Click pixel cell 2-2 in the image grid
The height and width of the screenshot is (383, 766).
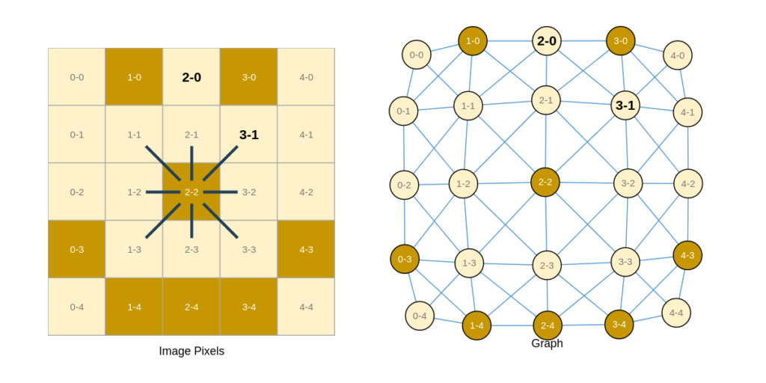coord(191,191)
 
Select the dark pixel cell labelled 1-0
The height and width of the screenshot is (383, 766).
coord(134,77)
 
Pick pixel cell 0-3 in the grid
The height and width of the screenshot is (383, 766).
coord(77,249)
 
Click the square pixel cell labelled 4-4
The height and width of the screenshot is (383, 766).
coord(306,307)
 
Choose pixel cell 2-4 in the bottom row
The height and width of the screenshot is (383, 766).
coord(191,307)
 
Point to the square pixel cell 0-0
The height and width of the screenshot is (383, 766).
coord(77,77)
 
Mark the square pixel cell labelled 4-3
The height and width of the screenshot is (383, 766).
coord(306,249)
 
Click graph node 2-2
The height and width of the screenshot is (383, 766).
coord(545,183)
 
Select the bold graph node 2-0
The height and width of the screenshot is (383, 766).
coord(547,41)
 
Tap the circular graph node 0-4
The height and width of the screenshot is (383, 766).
coord(420,316)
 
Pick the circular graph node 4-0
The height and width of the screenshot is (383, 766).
coord(678,55)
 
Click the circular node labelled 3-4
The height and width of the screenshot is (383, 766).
coord(619,325)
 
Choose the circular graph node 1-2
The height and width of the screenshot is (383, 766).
coord(463,184)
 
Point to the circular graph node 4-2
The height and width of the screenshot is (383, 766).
coord(688,184)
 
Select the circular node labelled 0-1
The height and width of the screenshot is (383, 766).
coord(403,111)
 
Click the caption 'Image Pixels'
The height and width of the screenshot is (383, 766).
coord(191,351)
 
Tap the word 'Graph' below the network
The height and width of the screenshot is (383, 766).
coord(547,343)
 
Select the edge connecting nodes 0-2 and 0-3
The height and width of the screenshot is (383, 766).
coord(404,221)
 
